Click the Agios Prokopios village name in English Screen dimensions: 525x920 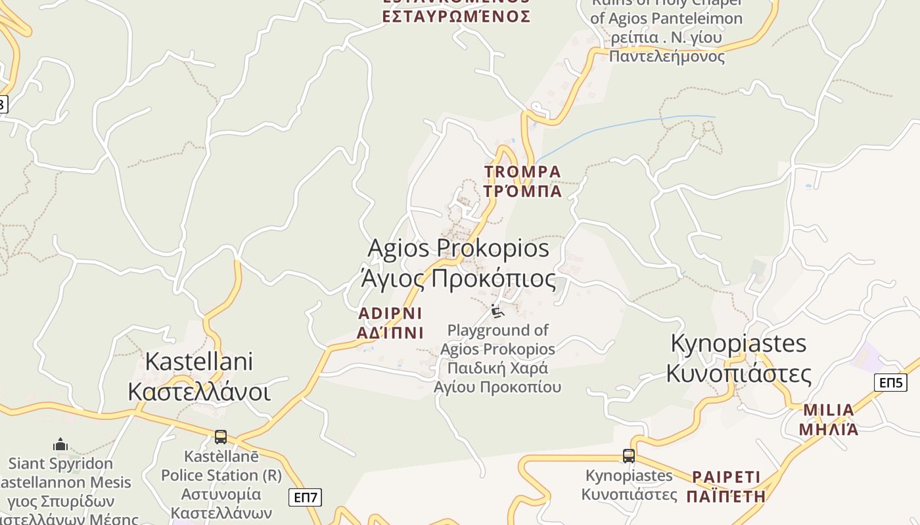tap(458, 249)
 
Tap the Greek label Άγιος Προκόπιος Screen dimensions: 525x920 tap(458, 278)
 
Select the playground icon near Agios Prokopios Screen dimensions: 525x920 tap(497, 310)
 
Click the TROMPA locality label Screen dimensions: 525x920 tap(522, 172)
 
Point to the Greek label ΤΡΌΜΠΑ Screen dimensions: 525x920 tap(522, 191)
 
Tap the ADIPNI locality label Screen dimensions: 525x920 tap(390, 313)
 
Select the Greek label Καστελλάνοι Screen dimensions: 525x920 tap(198, 391)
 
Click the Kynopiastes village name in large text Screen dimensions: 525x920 tap(738, 343)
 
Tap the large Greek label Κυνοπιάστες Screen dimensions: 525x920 tap(738, 373)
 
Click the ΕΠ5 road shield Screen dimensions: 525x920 tap(890, 383)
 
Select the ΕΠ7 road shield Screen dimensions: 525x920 tap(305, 497)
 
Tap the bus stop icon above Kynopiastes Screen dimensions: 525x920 tap(629, 455)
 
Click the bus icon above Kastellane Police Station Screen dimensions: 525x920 tap(221, 436)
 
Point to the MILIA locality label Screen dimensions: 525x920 tap(828, 410)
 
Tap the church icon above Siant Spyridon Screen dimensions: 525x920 tap(60, 444)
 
